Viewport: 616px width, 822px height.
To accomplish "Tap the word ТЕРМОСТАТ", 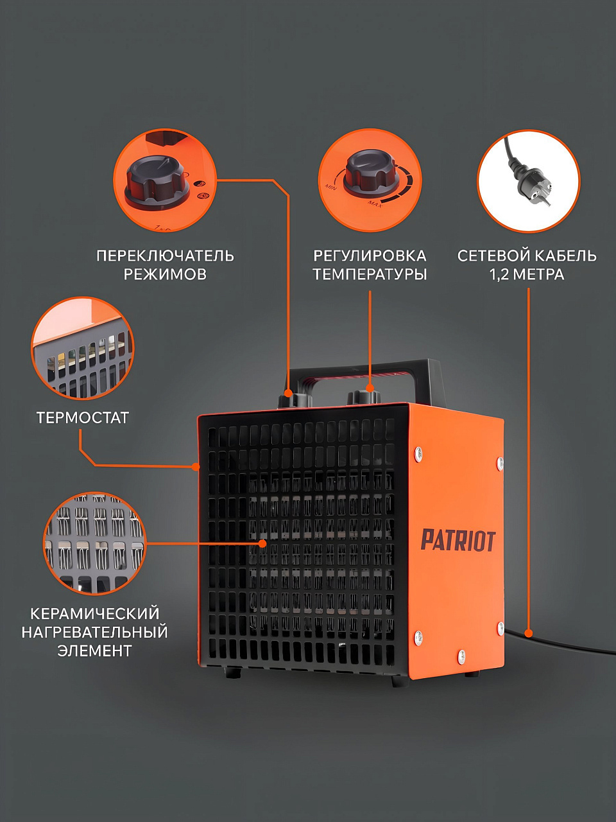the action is pos(83,418).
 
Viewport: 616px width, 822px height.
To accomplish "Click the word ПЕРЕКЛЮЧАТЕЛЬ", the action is pos(165,256).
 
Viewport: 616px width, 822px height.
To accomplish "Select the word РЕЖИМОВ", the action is pos(165,274).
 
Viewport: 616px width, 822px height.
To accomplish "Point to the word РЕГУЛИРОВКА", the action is pos(370,256).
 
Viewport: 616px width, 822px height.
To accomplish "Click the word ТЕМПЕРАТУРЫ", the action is pos(370,274).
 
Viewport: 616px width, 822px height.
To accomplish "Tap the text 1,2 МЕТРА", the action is pos(527,274).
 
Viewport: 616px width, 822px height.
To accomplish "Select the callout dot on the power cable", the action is pos(528,633).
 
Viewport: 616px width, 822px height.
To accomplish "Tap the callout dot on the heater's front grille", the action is pos(263,543).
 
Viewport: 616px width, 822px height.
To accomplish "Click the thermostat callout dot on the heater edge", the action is pos(195,467).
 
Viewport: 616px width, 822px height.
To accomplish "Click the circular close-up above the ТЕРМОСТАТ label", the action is pos(82,348).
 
